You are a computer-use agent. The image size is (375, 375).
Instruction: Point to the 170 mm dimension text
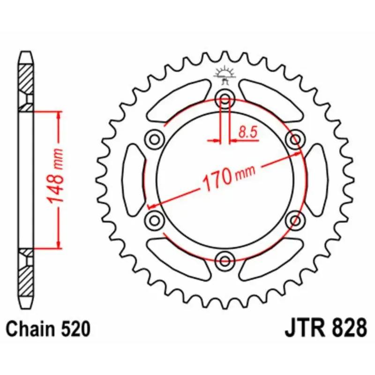pos(228,177)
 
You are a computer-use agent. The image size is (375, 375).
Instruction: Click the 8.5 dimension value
pos(247,133)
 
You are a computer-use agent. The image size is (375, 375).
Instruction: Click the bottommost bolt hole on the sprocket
pos(225,260)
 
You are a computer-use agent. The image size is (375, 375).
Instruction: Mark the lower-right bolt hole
pos(295,220)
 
